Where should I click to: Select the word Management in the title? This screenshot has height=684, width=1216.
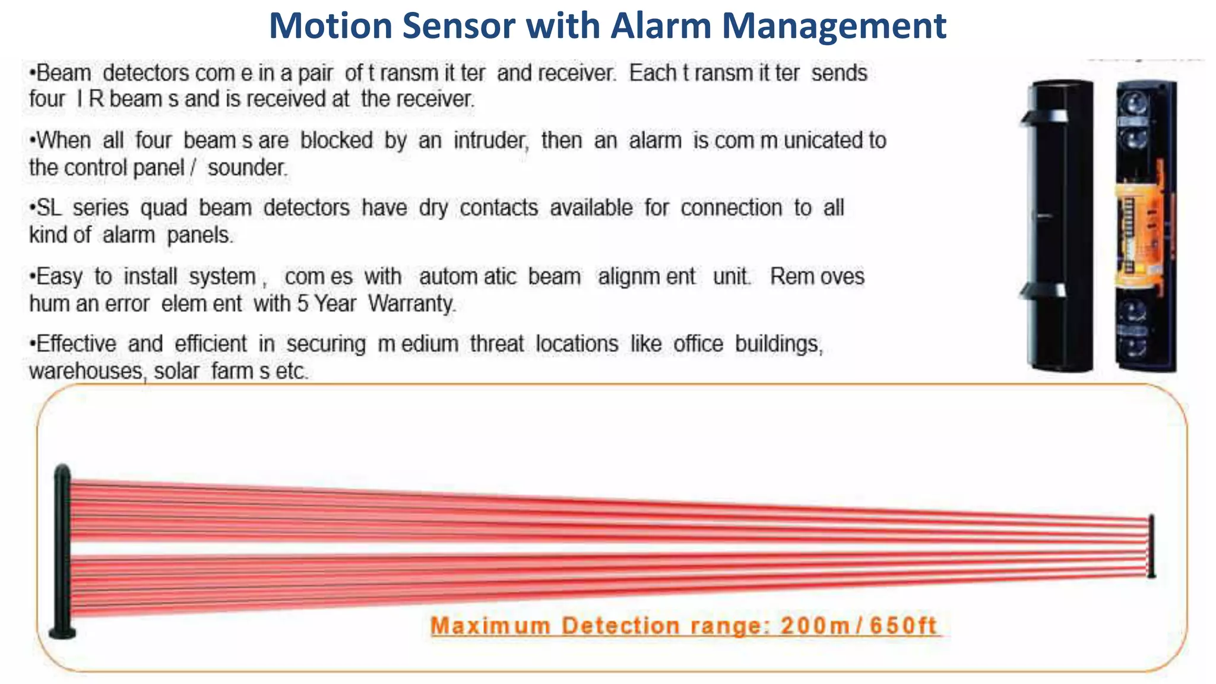pyautogui.click(x=834, y=26)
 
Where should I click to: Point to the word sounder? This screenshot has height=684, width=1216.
pyautogui.click(x=247, y=168)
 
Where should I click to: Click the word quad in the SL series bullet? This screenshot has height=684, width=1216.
pyautogui.click(x=163, y=208)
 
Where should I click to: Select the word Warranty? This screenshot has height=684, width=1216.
pyautogui.click(x=411, y=304)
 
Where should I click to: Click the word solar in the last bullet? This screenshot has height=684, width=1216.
pyautogui.click(x=176, y=372)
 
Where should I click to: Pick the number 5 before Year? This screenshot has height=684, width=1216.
pyautogui.click(x=303, y=304)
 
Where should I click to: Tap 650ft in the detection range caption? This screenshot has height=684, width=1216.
pyautogui.click(x=903, y=626)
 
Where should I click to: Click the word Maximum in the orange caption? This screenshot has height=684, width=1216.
pyautogui.click(x=490, y=626)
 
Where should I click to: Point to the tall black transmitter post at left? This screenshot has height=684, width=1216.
pyautogui.click(x=62, y=546)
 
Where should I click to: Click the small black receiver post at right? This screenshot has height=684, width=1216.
pyautogui.click(x=1151, y=545)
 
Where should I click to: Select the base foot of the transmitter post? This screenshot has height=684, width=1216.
pyautogui.click(x=62, y=633)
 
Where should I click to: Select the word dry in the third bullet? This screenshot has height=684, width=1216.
pyautogui.click(x=433, y=208)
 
